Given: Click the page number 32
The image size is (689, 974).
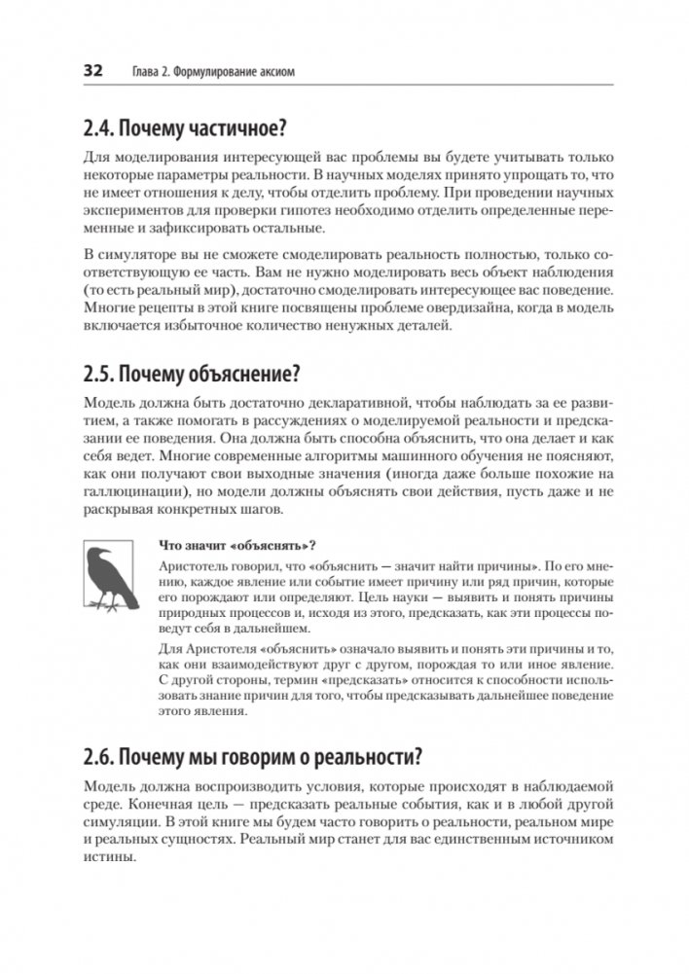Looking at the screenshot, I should (x=93, y=71).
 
